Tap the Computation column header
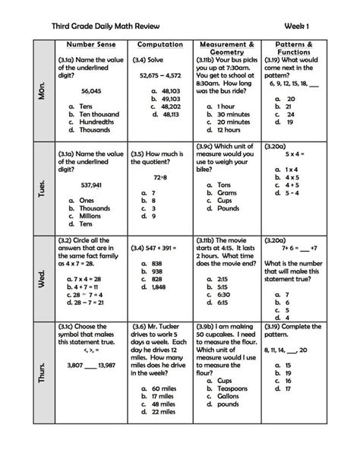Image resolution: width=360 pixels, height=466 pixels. (x=161, y=45)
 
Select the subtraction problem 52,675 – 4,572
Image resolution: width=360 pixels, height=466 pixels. (x=160, y=76)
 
